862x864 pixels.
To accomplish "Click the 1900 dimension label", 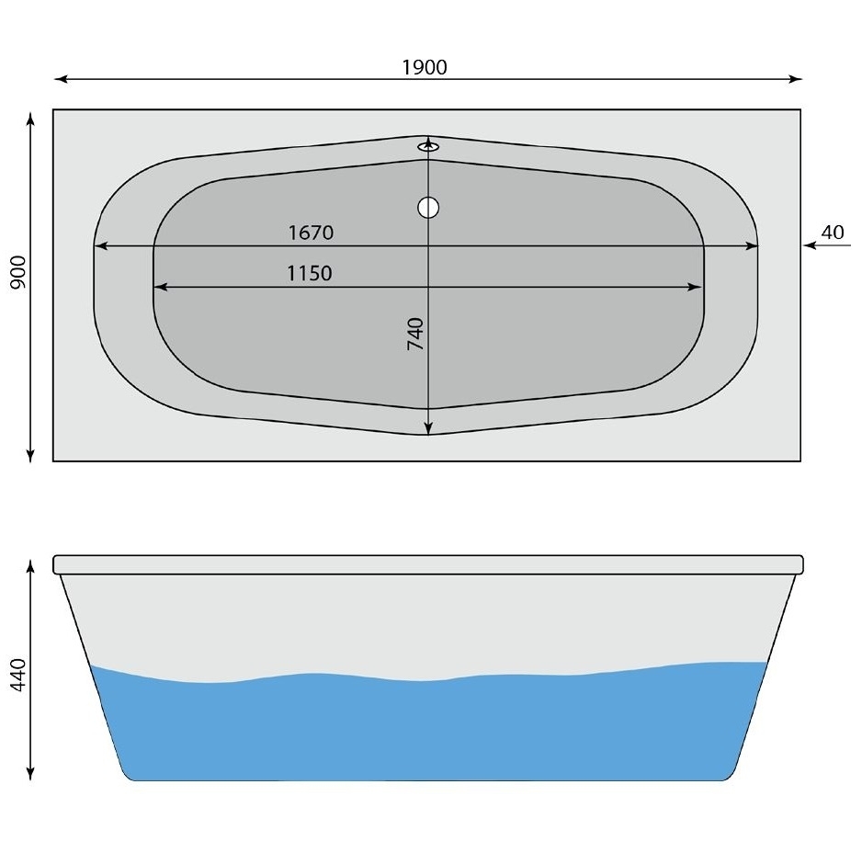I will [425, 67].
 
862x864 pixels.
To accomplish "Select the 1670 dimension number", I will [311, 233].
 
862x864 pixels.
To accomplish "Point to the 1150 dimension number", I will [310, 273].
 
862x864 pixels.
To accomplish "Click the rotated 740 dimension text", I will [415, 333].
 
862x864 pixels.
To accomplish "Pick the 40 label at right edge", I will [832, 232].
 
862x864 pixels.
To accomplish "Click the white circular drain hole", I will [428, 208].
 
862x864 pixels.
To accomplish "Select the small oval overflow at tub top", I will [428, 145].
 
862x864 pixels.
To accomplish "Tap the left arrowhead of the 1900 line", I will [61, 80].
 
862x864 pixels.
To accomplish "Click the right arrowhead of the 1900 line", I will [796, 80].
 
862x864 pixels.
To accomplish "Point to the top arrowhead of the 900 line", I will [31, 118].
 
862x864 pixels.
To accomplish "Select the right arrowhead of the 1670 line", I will [752, 246].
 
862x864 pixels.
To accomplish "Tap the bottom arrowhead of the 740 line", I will [428, 428].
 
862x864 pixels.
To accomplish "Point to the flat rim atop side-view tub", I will [428, 564].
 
